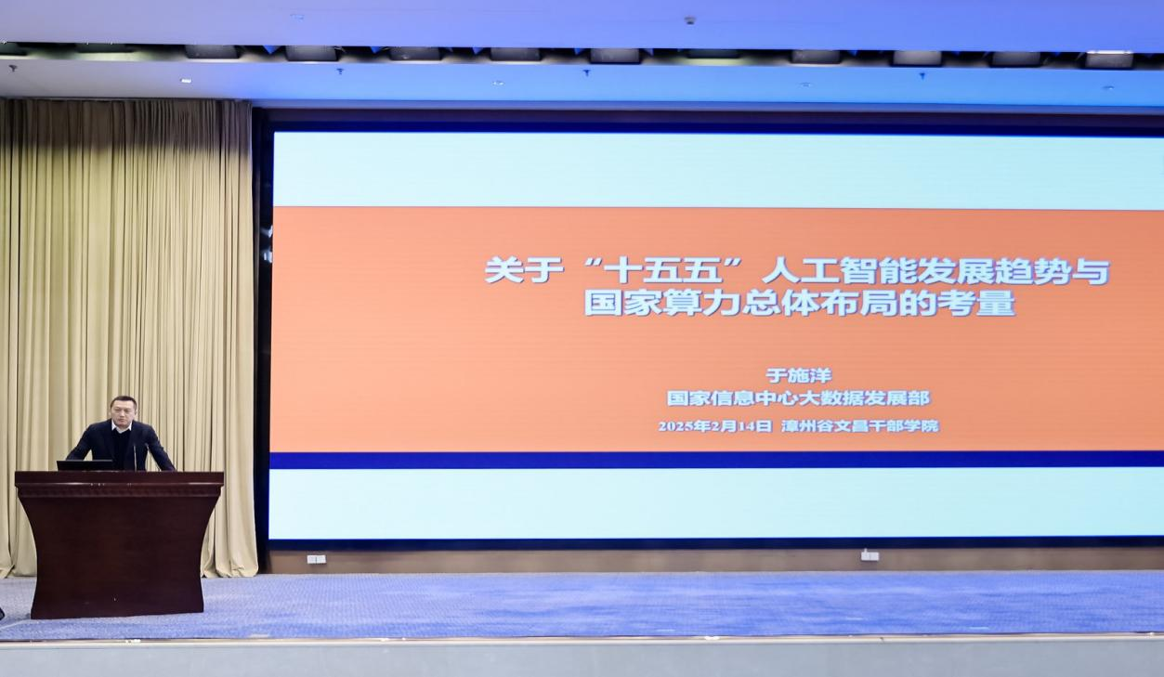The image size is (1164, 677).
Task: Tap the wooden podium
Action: coord(119,544)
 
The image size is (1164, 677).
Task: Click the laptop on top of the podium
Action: coord(85,465)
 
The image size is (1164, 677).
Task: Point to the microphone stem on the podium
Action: coord(136,457)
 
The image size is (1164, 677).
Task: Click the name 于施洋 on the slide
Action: coord(798,375)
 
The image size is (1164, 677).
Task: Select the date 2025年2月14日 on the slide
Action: coord(715,426)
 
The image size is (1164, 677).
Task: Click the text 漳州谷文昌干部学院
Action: coord(860,426)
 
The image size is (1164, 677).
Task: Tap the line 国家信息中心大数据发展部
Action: coord(798,398)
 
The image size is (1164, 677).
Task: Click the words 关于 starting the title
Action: coord(524,270)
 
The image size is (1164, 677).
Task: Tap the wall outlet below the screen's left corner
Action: coord(316,559)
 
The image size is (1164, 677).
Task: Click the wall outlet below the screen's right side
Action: coord(870,555)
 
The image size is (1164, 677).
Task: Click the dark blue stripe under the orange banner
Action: coord(716,461)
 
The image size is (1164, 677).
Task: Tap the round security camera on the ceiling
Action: coord(689,20)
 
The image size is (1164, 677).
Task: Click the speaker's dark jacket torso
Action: coord(122,448)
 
